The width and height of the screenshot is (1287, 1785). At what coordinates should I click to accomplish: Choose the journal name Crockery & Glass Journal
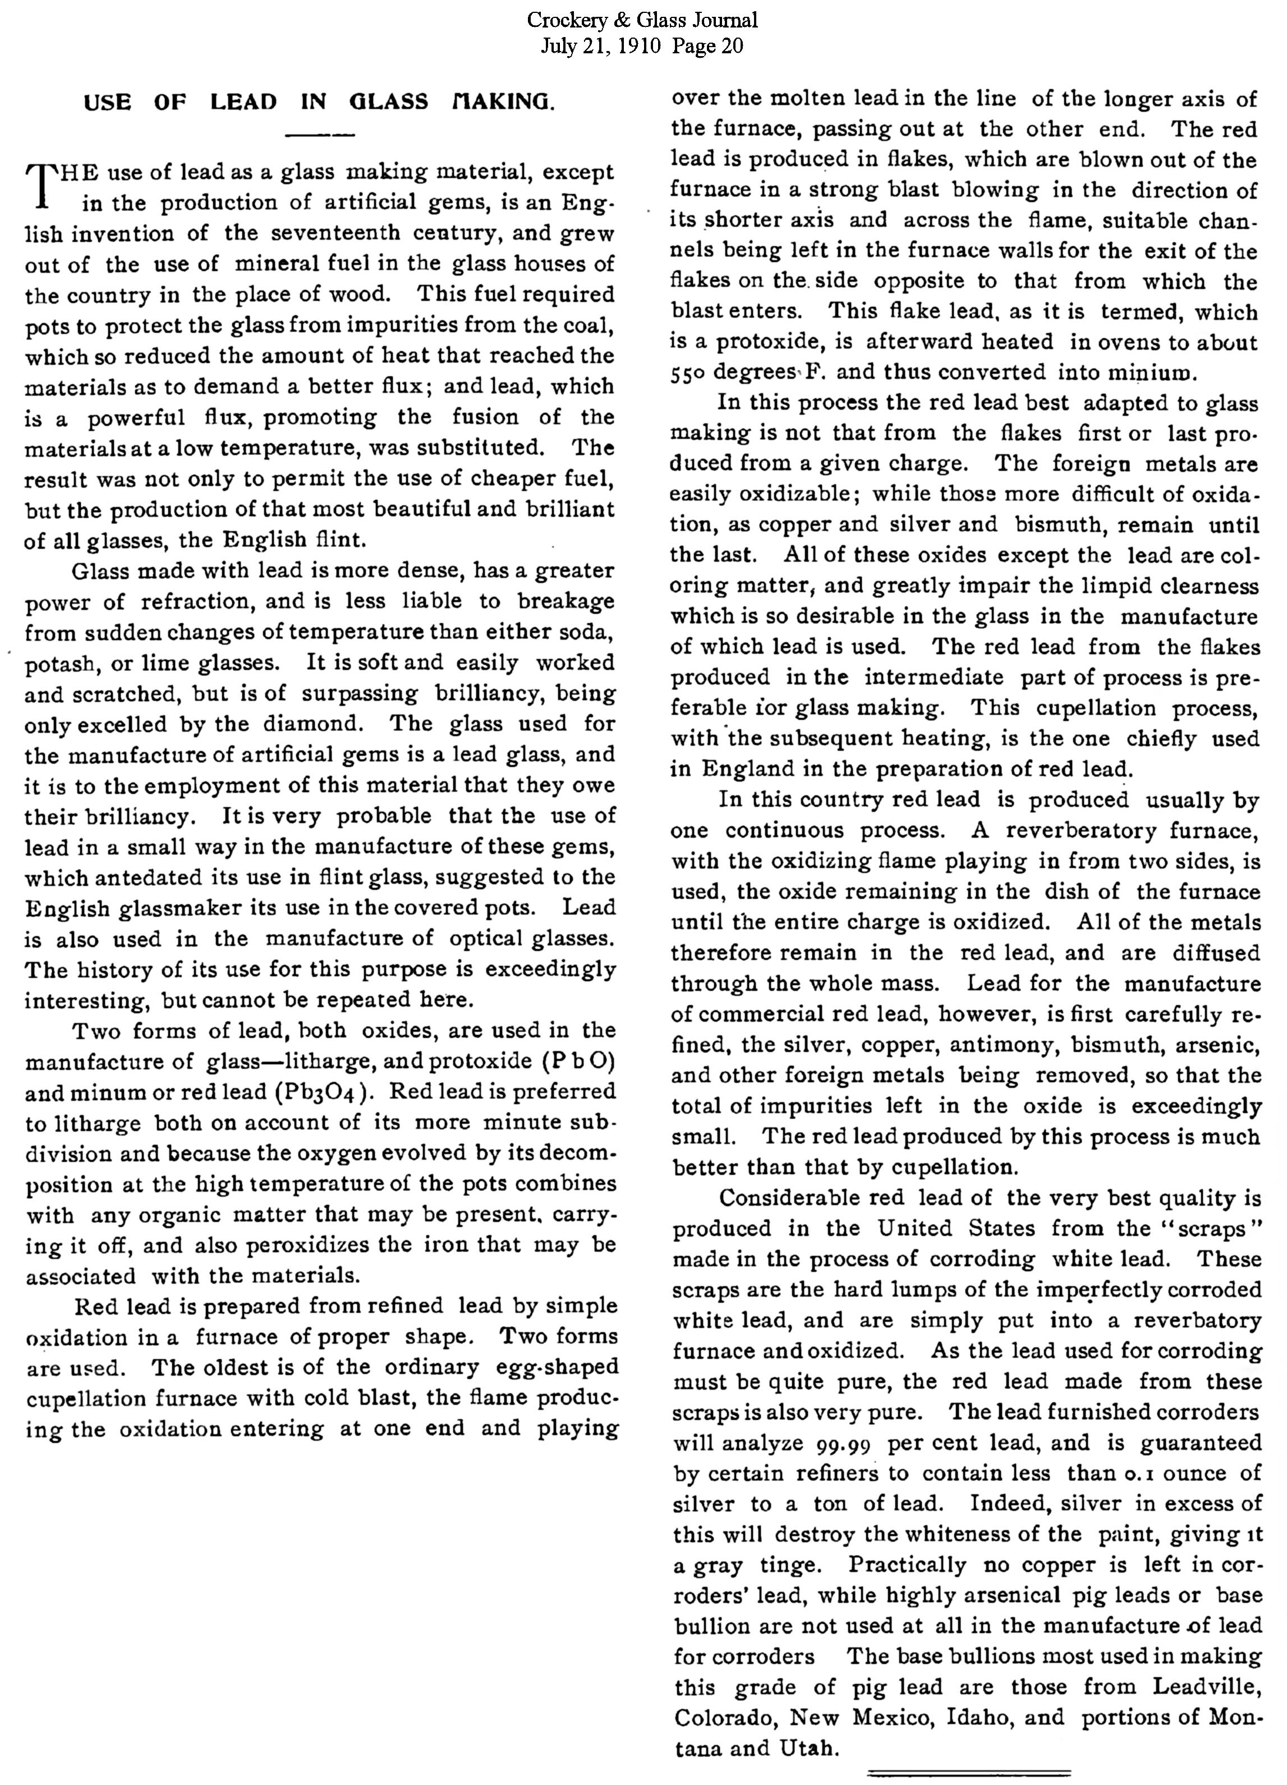pyautogui.click(x=642, y=20)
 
